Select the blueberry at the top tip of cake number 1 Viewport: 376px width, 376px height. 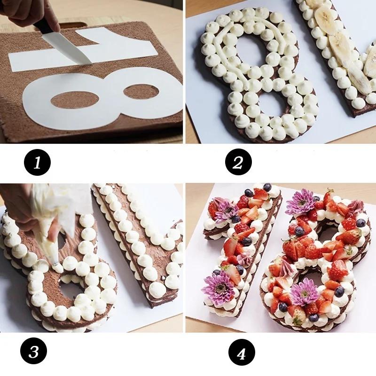pyautogui.click(x=267, y=187)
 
